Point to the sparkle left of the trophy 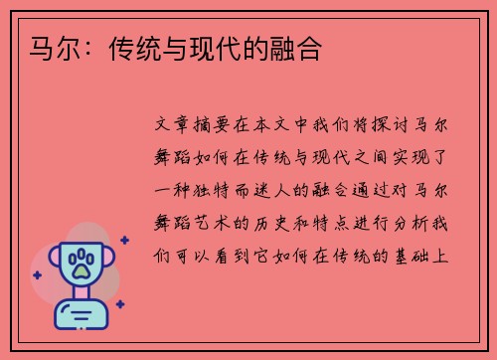click(36, 273)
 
